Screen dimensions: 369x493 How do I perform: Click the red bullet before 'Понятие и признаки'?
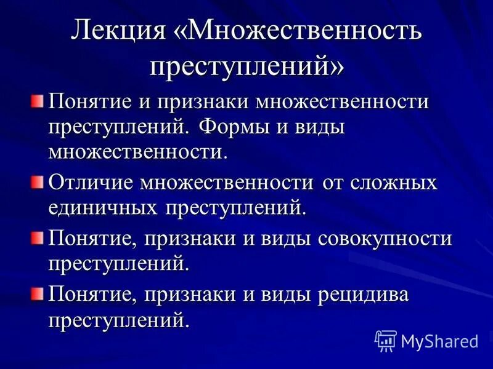tap(39, 100)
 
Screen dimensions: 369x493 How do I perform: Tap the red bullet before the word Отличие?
tap(39, 181)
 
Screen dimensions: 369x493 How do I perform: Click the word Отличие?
tap(92, 183)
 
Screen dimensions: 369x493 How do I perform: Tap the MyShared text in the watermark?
tap(439, 341)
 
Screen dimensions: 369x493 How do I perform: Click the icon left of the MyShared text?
tap(385, 340)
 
